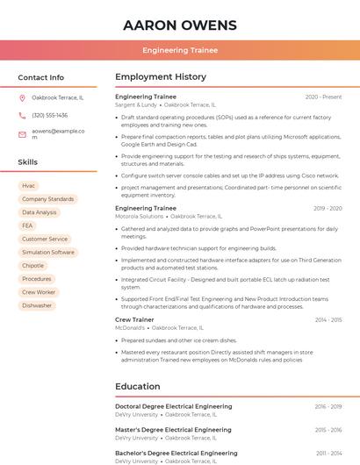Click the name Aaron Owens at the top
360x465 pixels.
point(180,24)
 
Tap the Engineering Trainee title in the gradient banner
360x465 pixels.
point(180,50)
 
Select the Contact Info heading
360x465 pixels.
point(41,77)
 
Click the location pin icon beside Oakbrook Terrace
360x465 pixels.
point(22,97)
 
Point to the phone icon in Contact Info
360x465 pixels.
point(22,115)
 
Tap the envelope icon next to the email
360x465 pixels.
point(22,133)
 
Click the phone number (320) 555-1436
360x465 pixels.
point(49,115)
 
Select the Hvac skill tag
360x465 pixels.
point(29,186)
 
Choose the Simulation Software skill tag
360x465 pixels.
point(48,252)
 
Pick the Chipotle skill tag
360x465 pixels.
point(33,265)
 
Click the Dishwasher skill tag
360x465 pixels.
point(37,305)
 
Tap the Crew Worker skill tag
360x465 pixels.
point(39,292)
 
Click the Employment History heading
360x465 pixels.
point(161,77)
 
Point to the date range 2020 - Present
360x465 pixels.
point(323,97)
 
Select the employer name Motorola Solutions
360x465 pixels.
point(140,216)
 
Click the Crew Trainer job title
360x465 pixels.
point(135,320)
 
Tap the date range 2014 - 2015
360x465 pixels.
point(328,320)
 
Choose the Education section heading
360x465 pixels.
point(138,386)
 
